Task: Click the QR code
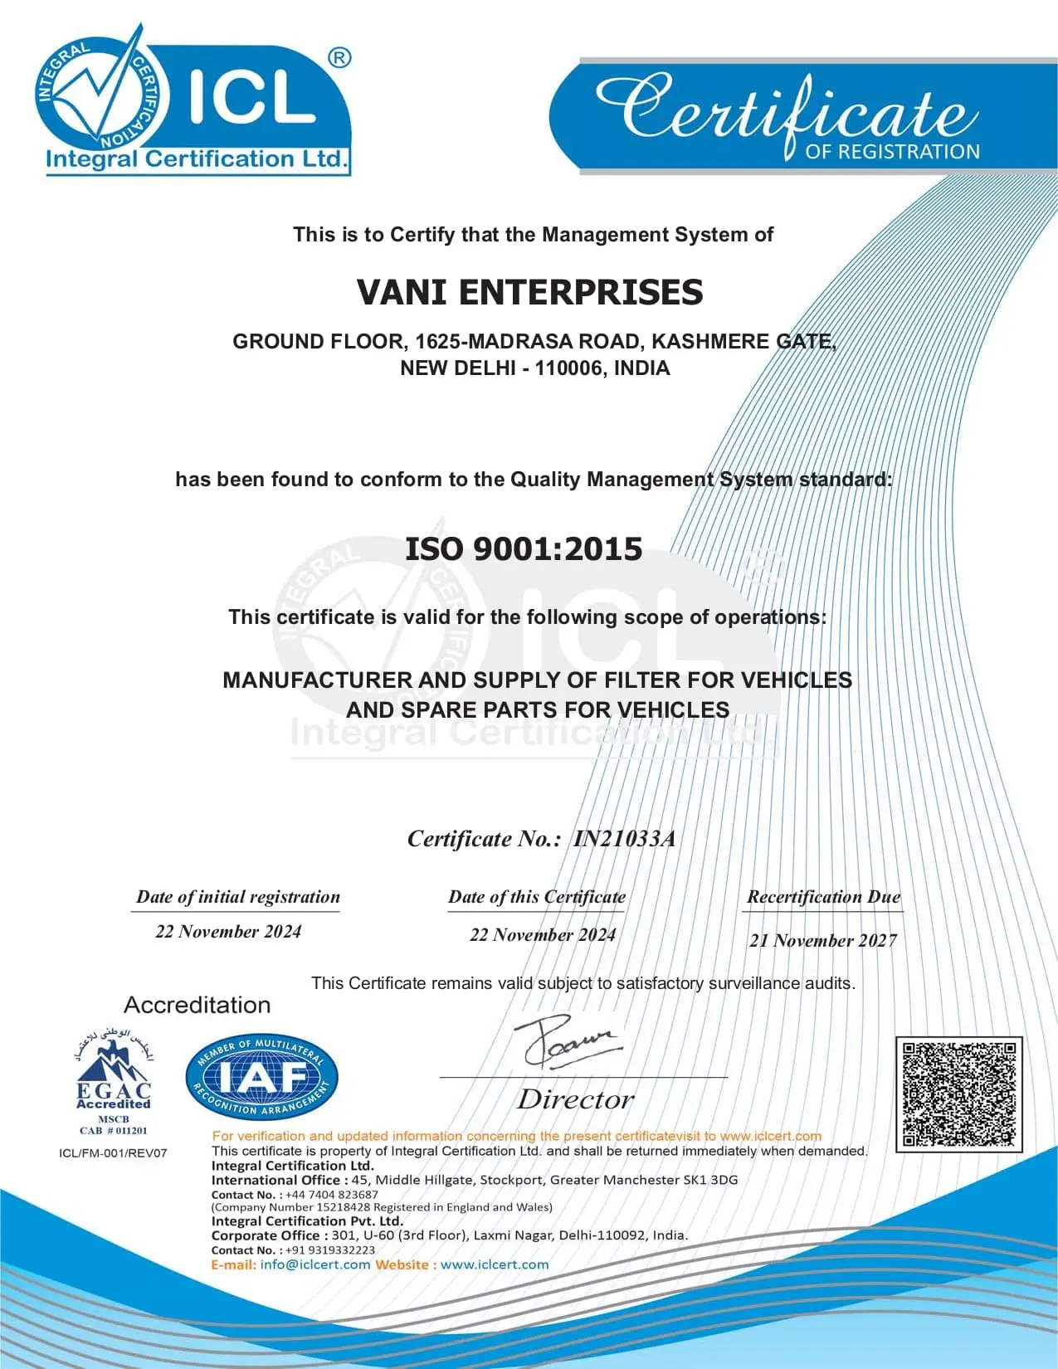[958, 1094]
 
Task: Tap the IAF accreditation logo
[261, 1077]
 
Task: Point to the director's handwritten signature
[568, 1041]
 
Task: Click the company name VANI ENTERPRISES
[529, 293]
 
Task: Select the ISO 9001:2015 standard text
[524, 549]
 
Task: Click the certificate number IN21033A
[624, 839]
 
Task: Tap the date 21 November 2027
[822, 941]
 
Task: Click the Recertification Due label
[823, 897]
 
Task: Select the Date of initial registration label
[237, 897]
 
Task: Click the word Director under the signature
[575, 1100]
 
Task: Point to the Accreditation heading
[197, 1006]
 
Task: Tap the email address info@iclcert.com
[314, 1265]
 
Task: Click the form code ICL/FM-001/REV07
[113, 1153]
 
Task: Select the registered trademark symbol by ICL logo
[339, 58]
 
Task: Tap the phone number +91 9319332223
[330, 1250]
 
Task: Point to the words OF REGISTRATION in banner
[892, 152]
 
